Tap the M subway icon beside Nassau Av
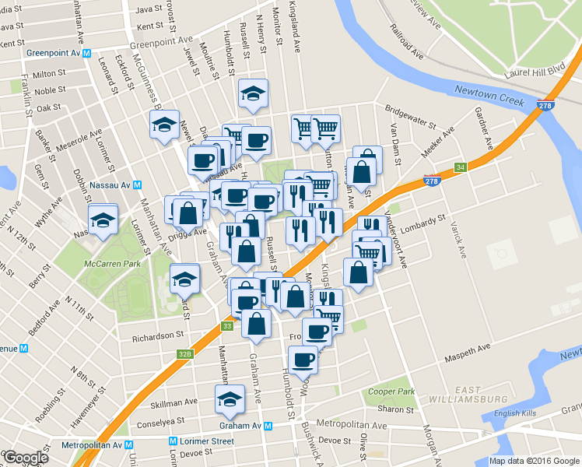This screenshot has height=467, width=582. (137, 184)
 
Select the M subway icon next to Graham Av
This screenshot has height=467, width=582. (268, 426)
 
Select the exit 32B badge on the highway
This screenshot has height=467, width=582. (184, 353)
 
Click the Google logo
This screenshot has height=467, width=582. (25, 458)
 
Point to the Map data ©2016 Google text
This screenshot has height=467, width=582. (534, 461)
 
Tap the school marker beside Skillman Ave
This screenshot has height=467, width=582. (230, 399)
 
